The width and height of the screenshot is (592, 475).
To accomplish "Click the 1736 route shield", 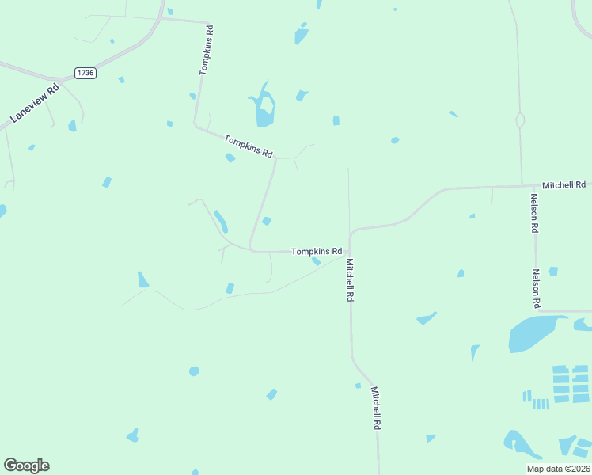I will [85, 73].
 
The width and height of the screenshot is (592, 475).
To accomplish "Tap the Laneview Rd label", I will [35, 104].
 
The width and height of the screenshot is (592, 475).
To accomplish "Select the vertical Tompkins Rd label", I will [207, 50].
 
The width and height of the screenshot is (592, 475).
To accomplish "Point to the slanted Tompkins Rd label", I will [249, 146].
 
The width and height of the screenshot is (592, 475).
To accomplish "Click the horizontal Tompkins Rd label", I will [317, 252].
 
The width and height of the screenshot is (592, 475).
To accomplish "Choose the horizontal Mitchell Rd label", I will [564, 184].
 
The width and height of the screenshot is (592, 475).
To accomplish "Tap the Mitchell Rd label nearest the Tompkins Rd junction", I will [349, 279].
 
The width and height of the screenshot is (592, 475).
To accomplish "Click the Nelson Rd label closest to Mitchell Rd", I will [535, 213].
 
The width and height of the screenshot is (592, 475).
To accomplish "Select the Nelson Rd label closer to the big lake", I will [536, 288].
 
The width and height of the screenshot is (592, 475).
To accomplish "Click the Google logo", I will [26, 465].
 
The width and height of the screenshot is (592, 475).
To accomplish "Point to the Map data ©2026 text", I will [557, 469].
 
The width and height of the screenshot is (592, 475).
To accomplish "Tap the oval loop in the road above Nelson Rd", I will [520, 120].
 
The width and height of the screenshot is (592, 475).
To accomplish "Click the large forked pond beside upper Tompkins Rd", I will [264, 109].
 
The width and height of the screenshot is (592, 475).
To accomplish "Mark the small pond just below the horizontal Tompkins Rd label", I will [316, 261].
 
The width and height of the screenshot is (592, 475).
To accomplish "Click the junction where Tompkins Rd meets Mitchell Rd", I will [349, 253].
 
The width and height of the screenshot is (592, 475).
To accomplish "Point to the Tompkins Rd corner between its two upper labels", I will [195, 125].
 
